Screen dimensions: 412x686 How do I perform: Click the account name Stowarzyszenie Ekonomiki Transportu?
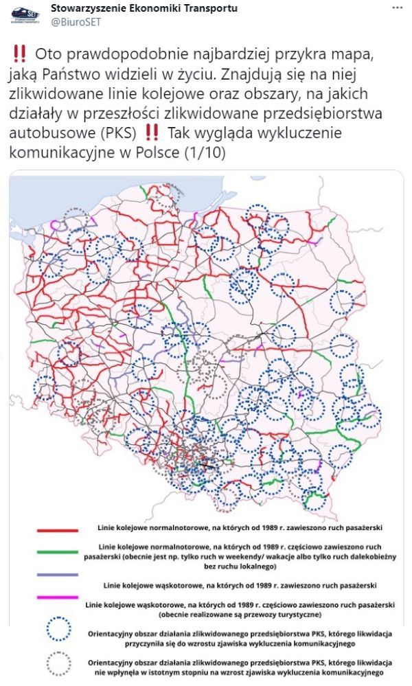(144, 8)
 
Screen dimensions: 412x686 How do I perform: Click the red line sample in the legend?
(57, 530)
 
